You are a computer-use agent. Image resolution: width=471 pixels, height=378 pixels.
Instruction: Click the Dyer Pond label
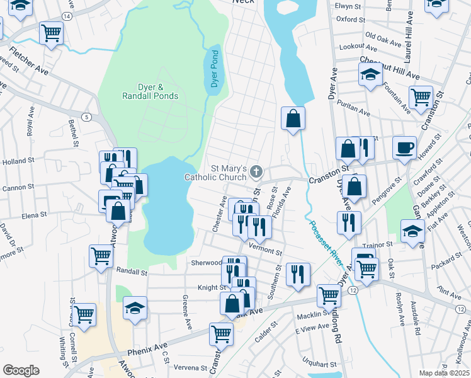point(213,70)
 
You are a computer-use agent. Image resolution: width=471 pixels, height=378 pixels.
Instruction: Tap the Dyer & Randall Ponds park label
point(150,91)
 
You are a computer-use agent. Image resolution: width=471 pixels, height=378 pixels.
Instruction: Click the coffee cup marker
point(404,148)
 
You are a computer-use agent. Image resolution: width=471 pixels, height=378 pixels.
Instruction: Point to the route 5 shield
point(86,117)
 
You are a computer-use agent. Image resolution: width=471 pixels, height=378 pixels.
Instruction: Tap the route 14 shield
point(67,14)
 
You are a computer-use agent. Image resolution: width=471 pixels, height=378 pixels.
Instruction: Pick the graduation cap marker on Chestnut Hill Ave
point(370,75)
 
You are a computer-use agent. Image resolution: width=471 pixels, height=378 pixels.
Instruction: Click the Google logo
point(21,370)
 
